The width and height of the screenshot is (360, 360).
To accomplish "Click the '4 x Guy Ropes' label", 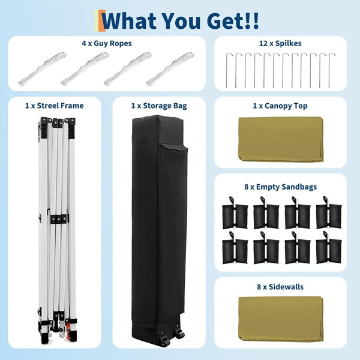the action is [107, 43].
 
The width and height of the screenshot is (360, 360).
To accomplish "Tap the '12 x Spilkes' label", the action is [280, 43].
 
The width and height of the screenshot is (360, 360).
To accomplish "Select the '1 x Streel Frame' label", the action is [55, 106].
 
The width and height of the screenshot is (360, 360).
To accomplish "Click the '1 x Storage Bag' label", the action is [159, 106].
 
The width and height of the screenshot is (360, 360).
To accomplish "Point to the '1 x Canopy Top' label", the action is [280, 106].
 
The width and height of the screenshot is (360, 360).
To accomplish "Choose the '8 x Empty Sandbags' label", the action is [280, 187].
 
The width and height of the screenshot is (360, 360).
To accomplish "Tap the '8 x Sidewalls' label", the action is [280, 287].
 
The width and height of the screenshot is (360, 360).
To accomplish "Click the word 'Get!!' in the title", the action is [233, 20].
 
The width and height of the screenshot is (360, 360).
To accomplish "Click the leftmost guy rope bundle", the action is [42, 68].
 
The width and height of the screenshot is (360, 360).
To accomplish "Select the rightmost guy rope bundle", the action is [170, 68].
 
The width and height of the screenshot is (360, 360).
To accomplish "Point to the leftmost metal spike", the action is [227, 70].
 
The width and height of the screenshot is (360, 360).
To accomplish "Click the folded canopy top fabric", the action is [281, 139].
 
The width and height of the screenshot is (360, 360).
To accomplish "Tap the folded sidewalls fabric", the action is [281, 319].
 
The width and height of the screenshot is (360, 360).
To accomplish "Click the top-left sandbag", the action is [235, 213].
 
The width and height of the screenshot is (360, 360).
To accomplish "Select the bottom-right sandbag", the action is [329, 248].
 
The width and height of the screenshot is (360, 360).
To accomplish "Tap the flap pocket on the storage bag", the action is [174, 148].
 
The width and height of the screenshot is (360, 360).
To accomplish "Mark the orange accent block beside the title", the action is [102, 20].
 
